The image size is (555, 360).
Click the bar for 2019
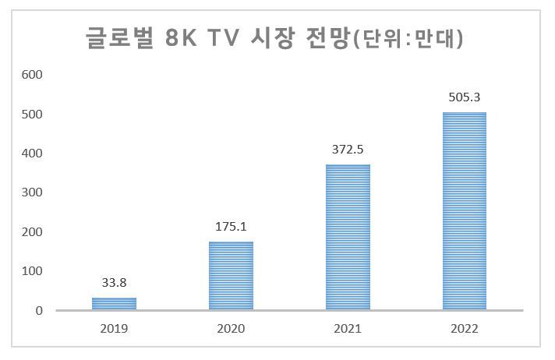pos(114,304)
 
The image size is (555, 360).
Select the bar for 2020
pos(231,276)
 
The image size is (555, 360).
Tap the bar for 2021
pos(348,237)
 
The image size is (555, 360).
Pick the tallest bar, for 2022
pos(465,211)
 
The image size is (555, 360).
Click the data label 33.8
pos(114,283)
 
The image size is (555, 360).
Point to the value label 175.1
pos(231,227)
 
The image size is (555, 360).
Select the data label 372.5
pos(348,150)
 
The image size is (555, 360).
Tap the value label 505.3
pos(465,97)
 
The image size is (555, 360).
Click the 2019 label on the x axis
pos(114,329)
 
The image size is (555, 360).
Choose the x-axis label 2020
pos(231,329)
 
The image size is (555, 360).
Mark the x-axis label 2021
pos(348,329)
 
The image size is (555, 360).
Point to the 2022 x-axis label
pos(465,329)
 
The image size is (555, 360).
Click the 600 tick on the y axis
pos(32,75)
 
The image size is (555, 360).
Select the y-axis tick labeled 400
pos(32,154)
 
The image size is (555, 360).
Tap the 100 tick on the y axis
pos(32,271)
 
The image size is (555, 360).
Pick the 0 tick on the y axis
pos(39,310)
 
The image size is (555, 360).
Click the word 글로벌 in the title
pos(119,37)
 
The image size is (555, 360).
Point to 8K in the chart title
pos(181,37)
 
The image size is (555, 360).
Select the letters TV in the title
pos(224,37)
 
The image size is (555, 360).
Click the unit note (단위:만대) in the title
pos(408,37)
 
